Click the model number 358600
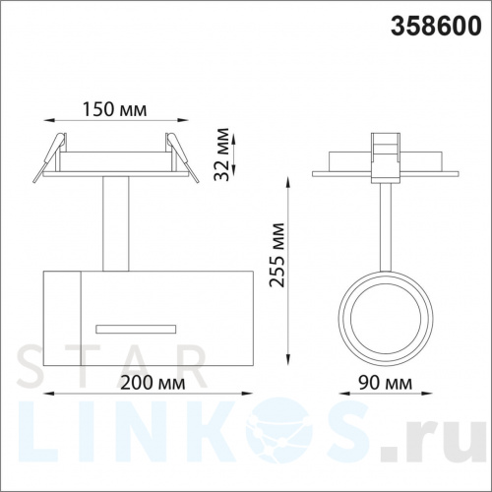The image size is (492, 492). (x=436, y=26)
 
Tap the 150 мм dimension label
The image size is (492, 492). (x=114, y=109)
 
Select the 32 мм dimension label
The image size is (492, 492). (x=221, y=154)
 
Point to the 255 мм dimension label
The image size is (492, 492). (x=277, y=255)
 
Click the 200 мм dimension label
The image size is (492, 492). (x=153, y=383)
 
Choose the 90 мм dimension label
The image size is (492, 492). (x=385, y=383)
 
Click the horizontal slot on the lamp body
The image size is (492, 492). (x=136, y=329)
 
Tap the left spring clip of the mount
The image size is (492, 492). (x=49, y=157)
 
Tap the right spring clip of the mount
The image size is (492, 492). (x=182, y=157)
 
